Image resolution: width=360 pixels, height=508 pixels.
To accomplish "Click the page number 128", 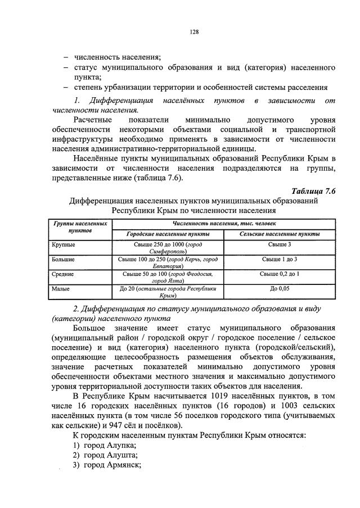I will [x=192, y=32].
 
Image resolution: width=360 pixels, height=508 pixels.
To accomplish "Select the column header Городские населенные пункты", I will [x=168, y=233].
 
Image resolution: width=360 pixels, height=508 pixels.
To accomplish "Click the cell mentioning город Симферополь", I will [x=168, y=248].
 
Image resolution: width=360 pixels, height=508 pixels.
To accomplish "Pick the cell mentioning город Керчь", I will [x=168, y=263].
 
